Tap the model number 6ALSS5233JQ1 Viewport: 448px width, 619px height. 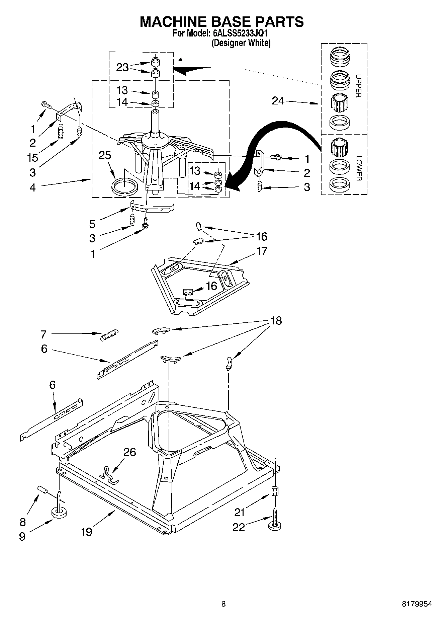tap(240, 33)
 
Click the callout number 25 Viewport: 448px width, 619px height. tap(105, 156)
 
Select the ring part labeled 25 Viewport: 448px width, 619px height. tap(124, 186)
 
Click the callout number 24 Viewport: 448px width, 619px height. tap(278, 100)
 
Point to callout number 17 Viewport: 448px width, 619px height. tap(262, 251)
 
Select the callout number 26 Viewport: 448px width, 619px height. tap(130, 452)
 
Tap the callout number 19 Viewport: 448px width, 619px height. tap(86, 532)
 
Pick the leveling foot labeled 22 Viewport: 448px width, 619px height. tap(274, 525)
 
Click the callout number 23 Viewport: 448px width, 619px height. tap(122, 67)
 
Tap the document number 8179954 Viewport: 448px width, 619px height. tap(417, 604)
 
